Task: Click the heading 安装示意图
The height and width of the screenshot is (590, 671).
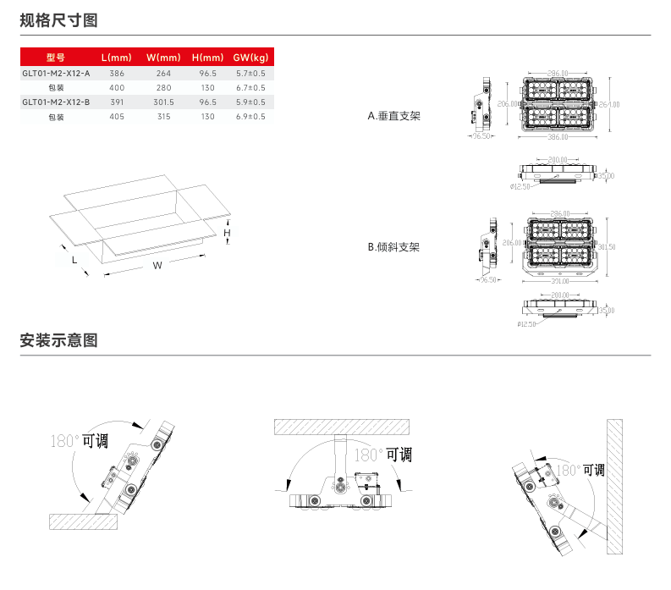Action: pyautogui.click(x=58, y=340)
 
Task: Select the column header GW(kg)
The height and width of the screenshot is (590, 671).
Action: pyautogui.click(x=250, y=58)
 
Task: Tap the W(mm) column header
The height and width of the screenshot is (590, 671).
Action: pyautogui.click(x=163, y=58)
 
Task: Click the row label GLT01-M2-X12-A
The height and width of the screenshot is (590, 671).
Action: pyautogui.click(x=56, y=74)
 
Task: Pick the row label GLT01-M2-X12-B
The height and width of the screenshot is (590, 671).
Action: pyautogui.click(x=56, y=102)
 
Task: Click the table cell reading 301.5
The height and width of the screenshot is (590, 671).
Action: pyautogui.click(x=163, y=102)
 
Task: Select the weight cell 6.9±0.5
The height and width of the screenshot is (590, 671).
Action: pyautogui.click(x=250, y=116)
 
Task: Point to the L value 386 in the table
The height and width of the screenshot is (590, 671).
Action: pyautogui.click(x=117, y=74)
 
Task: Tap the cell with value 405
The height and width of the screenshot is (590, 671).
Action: pyautogui.click(x=117, y=116)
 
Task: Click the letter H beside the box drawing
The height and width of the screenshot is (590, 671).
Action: pyautogui.click(x=227, y=232)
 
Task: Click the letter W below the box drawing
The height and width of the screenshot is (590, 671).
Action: pyautogui.click(x=157, y=265)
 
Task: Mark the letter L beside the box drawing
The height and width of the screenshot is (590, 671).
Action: pyautogui.click(x=74, y=261)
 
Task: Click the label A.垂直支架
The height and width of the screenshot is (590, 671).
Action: pyautogui.click(x=393, y=116)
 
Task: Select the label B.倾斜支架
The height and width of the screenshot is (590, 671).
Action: pyautogui.click(x=393, y=247)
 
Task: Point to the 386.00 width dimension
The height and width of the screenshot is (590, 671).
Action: pyautogui.click(x=557, y=136)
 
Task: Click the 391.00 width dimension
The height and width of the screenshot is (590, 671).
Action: pyautogui.click(x=557, y=280)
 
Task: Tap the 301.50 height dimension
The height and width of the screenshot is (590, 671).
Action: pyautogui.click(x=607, y=246)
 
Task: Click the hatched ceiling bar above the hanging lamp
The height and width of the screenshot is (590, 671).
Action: pyautogui.click(x=342, y=425)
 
